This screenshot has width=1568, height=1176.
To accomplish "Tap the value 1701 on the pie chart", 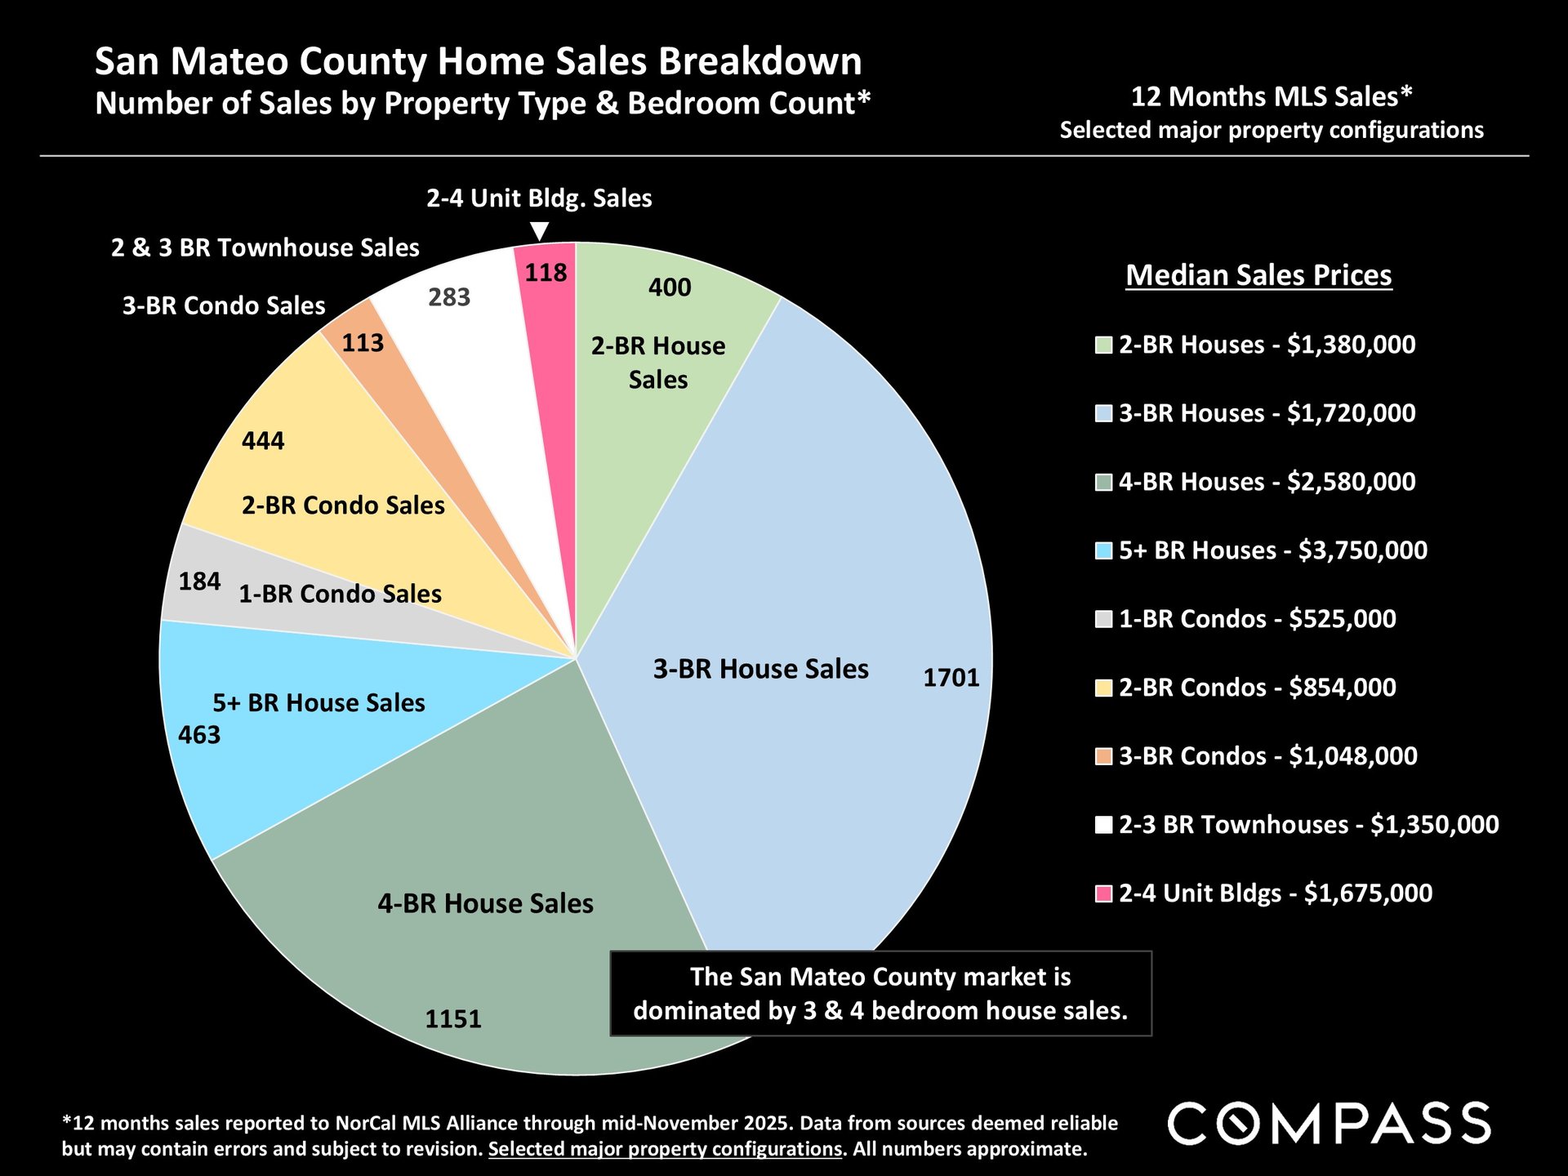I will [x=951, y=678].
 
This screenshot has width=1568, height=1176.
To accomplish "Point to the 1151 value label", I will [x=453, y=1019].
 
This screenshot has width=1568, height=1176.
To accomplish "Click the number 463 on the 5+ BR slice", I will [x=199, y=735].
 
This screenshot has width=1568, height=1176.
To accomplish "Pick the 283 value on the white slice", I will [x=449, y=297].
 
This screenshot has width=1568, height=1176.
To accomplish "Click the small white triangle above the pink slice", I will [x=539, y=232].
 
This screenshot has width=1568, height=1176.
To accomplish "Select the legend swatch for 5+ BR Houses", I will [x=1103, y=550].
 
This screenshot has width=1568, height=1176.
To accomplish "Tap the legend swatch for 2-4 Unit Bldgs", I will [x=1103, y=893].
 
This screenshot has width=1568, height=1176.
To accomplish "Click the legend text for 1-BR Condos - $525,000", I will [x=1257, y=619].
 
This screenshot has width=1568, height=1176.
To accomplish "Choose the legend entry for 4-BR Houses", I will [x=1267, y=482].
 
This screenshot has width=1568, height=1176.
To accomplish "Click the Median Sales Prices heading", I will [x=1258, y=275].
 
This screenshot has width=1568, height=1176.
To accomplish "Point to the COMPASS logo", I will [x=1329, y=1124].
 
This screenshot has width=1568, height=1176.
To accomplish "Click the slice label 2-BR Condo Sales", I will [x=343, y=506].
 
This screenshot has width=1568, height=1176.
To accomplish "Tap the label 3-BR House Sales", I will [x=760, y=669].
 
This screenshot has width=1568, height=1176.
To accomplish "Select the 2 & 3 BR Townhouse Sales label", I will [x=265, y=247].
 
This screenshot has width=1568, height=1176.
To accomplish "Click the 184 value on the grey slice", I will [x=199, y=581].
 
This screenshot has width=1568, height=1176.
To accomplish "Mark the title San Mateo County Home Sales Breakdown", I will [x=478, y=61].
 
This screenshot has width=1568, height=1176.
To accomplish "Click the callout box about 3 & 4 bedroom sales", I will [x=880, y=994].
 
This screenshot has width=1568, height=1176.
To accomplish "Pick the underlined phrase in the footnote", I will [x=665, y=1149].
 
